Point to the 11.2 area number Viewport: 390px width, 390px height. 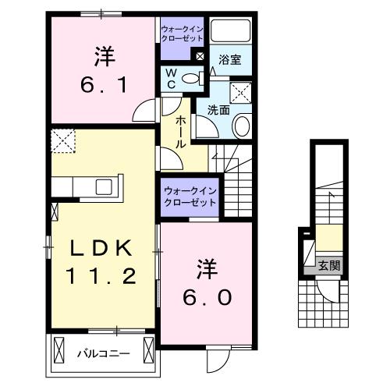click(103, 275)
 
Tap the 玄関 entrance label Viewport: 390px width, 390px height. click(328, 266)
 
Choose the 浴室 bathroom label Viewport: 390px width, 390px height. click(229, 58)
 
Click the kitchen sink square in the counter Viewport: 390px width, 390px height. click(104, 186)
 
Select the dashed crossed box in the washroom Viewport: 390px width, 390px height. click(243, 93)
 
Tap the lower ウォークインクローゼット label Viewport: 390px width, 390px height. click(190, 195)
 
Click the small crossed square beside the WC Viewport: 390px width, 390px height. click(200, 57)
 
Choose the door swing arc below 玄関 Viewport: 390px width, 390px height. click(331, 296)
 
